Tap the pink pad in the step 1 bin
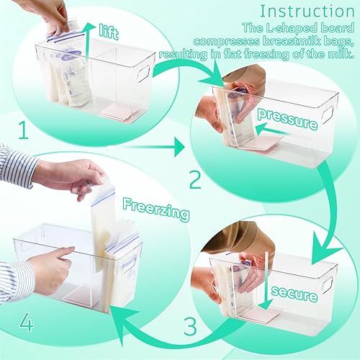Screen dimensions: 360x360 (x=115, y=110)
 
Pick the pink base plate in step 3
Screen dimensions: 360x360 (x=260, y=314)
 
